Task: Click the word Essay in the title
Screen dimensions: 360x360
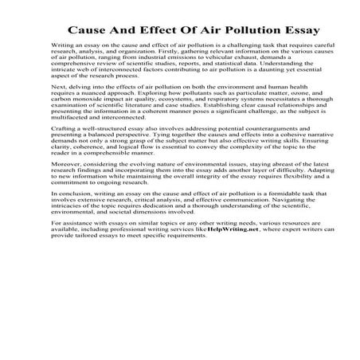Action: [299, 30]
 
